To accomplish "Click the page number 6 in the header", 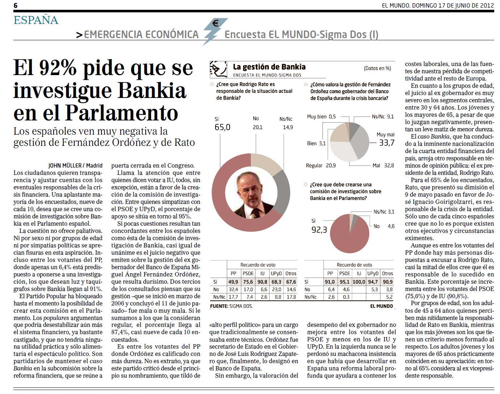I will click(16, 5).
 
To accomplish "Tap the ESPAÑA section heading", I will click(36, 20).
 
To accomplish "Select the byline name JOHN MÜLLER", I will click(66, 165).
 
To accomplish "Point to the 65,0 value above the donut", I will click(222, 127).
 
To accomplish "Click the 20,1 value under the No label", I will click(257, 127).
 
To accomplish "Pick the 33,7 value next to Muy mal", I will click(387, 143).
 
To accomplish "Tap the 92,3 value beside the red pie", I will click(319, 230).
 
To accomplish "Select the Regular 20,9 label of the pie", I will click(321, 165).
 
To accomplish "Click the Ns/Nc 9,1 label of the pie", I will click(383, 116).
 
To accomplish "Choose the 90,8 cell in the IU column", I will click(262, 282).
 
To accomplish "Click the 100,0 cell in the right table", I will click(359, 282).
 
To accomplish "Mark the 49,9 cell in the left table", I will click(233, 282).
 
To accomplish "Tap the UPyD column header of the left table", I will click(276, 273).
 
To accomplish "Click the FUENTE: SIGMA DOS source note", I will click(231, 306).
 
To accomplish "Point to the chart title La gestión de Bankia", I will click(269, 67).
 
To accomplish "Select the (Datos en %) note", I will click(377, 68).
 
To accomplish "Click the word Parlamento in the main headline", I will click(122, 113).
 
